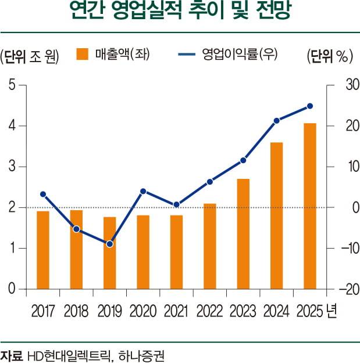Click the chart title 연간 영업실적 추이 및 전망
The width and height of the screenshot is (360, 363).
click(180, 13)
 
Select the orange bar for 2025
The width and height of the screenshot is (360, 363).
click(310, 206)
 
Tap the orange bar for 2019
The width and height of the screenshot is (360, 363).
click(110, 253)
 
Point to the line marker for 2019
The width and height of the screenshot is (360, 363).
click(110, 244)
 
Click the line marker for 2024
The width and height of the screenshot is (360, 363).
click(277, 121)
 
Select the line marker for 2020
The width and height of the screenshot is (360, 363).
click(143, 191)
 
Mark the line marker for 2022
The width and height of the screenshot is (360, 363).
click(210, 182)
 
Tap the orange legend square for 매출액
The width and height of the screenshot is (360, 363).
click(81, 55)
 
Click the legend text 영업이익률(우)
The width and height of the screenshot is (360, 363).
click(240, 55)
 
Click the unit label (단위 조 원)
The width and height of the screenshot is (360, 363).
click(30, 56)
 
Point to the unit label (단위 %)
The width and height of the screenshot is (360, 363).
click(329, 56)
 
